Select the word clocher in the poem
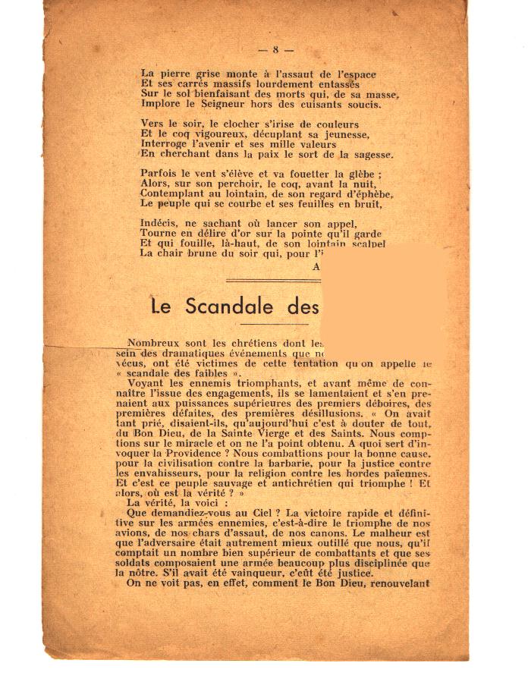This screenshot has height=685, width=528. (228, 124)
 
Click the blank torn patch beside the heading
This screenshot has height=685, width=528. (383, 288)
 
